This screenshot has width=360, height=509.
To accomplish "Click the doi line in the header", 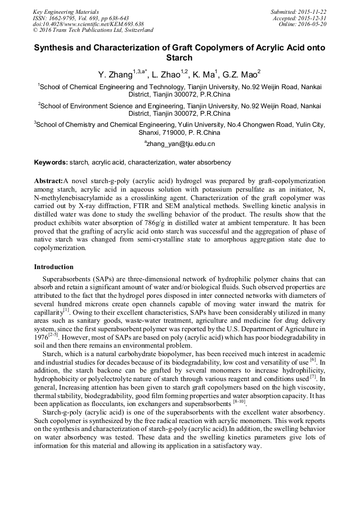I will (x=88, y=24).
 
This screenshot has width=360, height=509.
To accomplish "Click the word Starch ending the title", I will (x=179, y=58).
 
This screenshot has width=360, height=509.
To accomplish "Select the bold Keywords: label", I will (x=51, y=162).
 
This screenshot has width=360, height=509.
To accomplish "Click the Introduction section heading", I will (x=54, y=266).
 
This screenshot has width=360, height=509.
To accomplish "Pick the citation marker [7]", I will (x=313, y=377).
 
